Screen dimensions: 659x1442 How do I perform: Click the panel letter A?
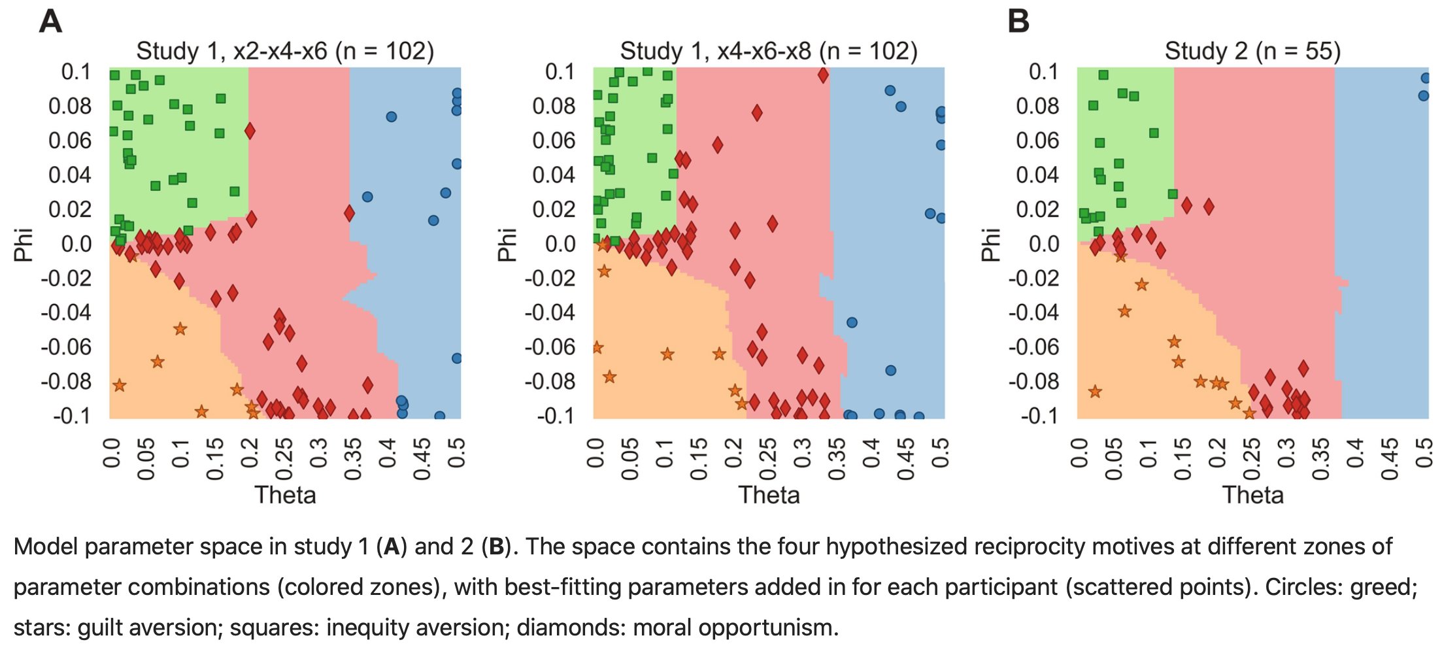(51, 21)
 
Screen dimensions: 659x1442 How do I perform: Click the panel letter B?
(1018, 21)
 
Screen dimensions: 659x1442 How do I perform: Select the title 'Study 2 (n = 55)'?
(1252, 51)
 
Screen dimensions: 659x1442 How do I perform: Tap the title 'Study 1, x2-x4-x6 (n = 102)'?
(285, 51)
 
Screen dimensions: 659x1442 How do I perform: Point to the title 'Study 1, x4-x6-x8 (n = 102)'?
(769, 51)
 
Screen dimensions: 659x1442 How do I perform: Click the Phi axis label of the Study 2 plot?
(991, 245)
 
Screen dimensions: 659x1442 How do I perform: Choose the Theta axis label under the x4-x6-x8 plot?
(769, 495)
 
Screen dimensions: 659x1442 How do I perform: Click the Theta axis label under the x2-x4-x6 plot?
(285, 495)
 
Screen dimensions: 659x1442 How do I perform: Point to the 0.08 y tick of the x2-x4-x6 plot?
(70, 106)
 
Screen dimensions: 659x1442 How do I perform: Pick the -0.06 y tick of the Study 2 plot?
(1034, 346)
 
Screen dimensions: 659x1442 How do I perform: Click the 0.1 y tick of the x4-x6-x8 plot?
(560, 71)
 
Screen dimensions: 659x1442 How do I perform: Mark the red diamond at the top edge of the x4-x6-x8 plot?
(823, 75)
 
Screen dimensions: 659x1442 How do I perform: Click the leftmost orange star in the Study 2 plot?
(1095, 392)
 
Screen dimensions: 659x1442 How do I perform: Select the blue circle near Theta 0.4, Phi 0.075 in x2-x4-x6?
(391, 117)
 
